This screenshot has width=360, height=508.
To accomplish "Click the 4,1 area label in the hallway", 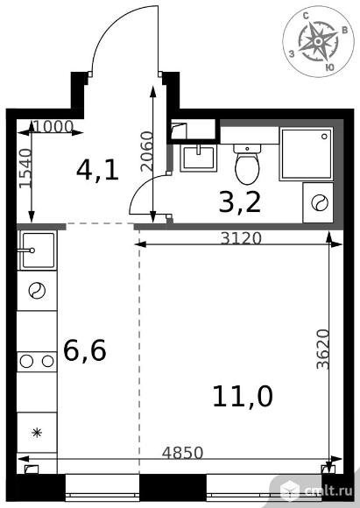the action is [x=97, y=171].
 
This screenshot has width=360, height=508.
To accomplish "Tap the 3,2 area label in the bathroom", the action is [x=240, y=203].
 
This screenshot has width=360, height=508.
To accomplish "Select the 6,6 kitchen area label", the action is [x=85, y=351].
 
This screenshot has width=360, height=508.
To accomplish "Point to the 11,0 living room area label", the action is [x=243, y=397].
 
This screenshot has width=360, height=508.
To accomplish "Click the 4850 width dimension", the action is [x=182, y=453].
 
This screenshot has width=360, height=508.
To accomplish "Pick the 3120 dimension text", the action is [x=241, y=239].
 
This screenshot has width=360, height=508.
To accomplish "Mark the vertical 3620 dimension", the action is [x=322, y=349].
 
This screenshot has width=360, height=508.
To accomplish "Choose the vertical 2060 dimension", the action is [x=147, y=151].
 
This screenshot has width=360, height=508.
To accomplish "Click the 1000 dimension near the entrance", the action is [x=53, y=127].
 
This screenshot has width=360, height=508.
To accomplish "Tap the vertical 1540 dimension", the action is [x=25, y=168].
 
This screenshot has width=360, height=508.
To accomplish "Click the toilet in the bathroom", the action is [x=247, y=164].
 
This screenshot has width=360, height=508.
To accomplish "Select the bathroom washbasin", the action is [x=198, y=159].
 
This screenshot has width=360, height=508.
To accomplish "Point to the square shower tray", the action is [x=307, y=153].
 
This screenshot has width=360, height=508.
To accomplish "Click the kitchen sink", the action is [x=38, y=250].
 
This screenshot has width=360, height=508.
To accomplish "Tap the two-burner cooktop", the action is [x=37, y=361].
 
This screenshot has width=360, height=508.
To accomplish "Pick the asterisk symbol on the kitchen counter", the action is [x=37, y=433].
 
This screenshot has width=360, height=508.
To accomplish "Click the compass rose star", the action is [x=318, y=41].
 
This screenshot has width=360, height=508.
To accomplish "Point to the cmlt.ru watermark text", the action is [x=328, y=491].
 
